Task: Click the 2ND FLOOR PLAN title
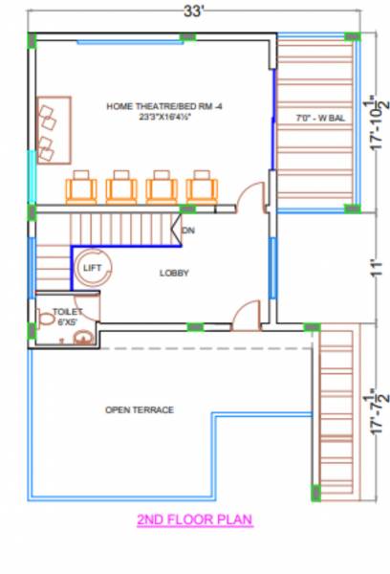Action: click(194, 520)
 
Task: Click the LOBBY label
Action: click(174, 274)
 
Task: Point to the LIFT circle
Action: click(93, 269)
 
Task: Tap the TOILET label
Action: click(68, 312)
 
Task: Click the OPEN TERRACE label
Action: click(140, 409)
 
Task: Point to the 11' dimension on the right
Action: click(376, 269)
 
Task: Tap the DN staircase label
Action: click(188, 231)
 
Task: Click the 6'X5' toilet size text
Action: click(67, 322)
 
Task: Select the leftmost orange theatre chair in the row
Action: click(80, 187)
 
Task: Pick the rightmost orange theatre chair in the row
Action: click(201, 187)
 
